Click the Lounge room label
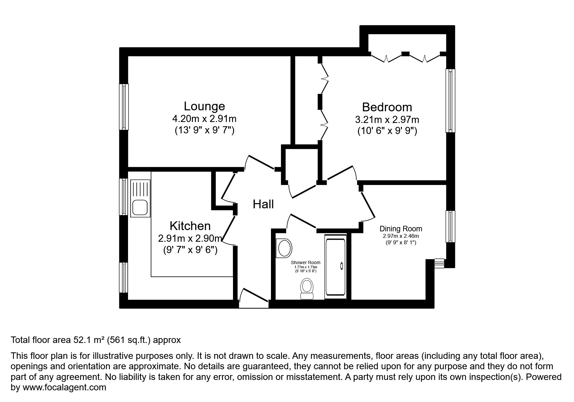click(204, 106)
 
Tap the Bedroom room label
click(387, 107)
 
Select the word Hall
click(263, 204)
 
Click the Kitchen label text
click(190, 226)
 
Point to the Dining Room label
click(401, 229)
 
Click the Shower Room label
click(305, 262)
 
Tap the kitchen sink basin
click(140, 208)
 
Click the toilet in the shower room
click(307, 288)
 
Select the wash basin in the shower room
click(284, 249)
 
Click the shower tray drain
click(341, 266)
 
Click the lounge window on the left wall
click(124, 107)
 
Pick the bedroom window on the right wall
click(450, 101)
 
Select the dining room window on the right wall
click(450, 226)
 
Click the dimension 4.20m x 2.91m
click(204, 119)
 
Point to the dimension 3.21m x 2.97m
click(387, 120)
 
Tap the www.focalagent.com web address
click(64, 387)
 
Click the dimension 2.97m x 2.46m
click(401, 236)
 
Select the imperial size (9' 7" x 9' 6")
click(190, 250)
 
